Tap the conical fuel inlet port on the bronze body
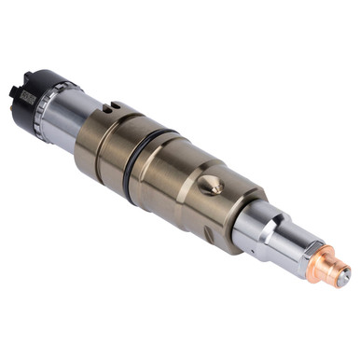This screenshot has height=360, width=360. [215, 187]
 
